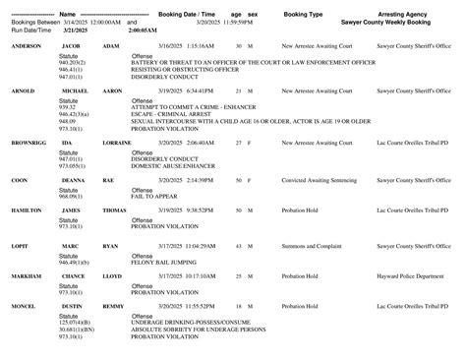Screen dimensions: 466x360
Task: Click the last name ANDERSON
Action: click(27, 46)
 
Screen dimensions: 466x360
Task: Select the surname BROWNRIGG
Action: click(29, 143)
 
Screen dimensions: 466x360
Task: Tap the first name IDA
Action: click(67, 143)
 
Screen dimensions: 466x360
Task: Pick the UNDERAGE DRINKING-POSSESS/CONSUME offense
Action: click(186, 322)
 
